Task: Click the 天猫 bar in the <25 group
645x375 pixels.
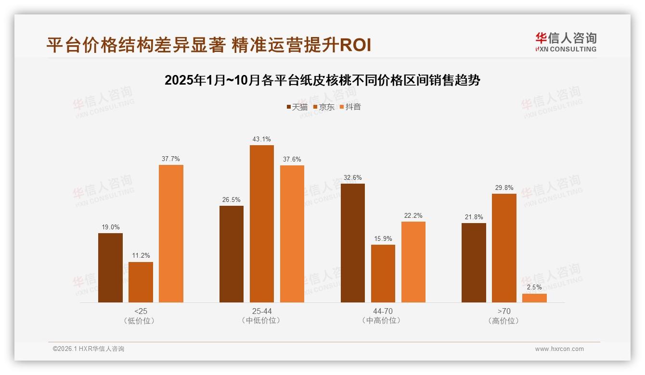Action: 110,268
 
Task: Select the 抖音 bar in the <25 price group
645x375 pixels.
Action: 171,234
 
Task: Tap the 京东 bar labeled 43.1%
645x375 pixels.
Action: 261,224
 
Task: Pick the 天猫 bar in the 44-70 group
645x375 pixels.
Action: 352,243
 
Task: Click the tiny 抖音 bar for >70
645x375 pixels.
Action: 534,298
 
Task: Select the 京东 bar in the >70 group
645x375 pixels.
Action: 504,248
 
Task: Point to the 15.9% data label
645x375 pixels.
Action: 383,238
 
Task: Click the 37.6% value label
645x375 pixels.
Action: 292,159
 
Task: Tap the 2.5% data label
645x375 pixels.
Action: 534,287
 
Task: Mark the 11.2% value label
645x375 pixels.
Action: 141,256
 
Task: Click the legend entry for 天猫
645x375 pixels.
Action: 297,107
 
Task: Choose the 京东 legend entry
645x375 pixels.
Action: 323,107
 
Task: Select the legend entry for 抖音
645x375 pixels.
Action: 350,107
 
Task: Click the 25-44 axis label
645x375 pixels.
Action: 261,311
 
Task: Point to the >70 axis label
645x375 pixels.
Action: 504,311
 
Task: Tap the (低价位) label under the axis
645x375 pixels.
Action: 141,321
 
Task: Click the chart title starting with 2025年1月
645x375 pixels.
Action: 322,80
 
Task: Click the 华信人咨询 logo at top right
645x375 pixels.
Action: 566,42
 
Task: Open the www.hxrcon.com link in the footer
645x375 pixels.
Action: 559,349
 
